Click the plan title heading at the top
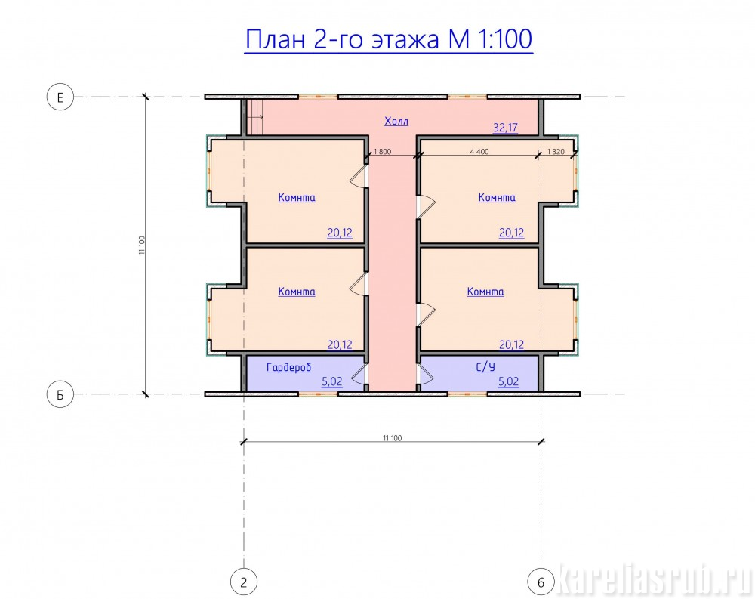[389, 39]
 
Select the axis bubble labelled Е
[60, 97]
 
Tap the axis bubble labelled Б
[60, 394]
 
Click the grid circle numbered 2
[244, 582]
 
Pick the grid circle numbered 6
[541, 582]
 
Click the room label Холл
[396, 121]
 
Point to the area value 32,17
[505, 128]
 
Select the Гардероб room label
[289, 367]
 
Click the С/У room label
[485, 367]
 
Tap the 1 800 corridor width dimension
[382, 151]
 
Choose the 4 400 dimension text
[479, 151]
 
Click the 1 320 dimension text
[556, 151]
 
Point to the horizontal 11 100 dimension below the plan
[393, 438]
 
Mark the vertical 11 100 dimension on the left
[142, 245]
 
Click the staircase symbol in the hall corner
[255, 117]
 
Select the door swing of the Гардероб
[359, 373]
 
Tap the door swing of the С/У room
[426, 373]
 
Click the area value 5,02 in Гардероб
[331, 381]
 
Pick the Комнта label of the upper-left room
[297, 198]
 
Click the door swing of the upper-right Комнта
[426, 206]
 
